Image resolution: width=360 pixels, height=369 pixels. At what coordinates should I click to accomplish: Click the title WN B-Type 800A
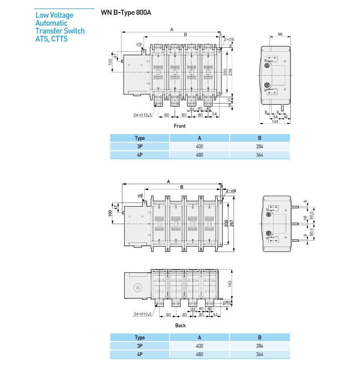tap(126, 13)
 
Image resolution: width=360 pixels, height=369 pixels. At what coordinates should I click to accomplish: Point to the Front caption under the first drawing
tap(180, 126)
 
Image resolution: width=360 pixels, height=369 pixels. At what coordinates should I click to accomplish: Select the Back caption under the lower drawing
tap(180, 325)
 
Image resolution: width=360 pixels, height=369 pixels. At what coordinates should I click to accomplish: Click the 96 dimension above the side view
tap(279, 34)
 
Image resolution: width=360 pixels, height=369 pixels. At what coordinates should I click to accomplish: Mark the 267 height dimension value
tap(232, 224)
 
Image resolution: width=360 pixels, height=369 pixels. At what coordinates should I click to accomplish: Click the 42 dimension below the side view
tap(285, 117)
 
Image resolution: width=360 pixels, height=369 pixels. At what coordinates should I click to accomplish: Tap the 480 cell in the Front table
tap(199, 155)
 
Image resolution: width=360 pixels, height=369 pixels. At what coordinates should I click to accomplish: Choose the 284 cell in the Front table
tap(260, 147)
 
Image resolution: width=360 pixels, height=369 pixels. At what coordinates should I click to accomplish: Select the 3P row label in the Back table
tap(139, 346)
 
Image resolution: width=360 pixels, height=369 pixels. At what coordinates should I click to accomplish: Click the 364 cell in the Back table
tap(260, 355)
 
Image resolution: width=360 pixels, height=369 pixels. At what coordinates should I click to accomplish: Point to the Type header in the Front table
tap(139, 138)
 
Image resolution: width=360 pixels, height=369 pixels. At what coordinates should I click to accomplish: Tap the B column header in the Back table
tap(260, 337)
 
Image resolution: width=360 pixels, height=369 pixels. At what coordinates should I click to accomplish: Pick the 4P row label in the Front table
tap(139, 155)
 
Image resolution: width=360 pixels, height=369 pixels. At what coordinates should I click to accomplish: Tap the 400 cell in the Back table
tap(199, 346)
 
